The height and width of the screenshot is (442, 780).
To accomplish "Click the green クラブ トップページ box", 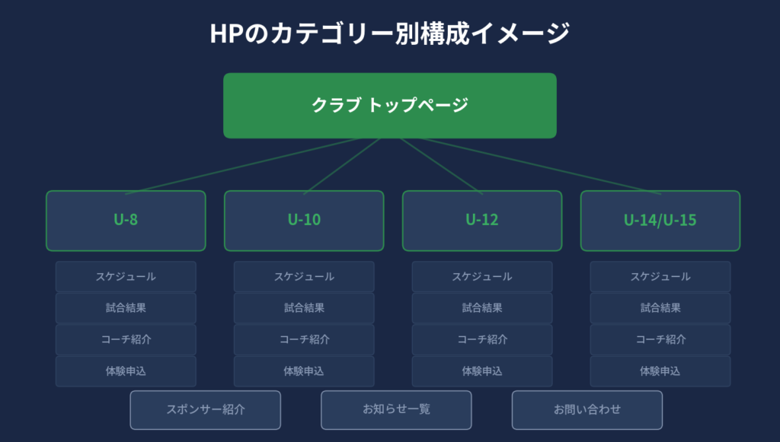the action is coord(389,105).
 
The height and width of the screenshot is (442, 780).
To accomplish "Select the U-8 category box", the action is coord(126,221).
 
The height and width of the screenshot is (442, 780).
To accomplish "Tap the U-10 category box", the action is coord(304,221).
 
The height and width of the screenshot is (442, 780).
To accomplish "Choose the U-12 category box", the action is coord(482,221).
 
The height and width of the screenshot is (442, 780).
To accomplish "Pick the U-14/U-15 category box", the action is coord(660,221).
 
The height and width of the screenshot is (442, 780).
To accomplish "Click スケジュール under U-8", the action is coord(126,277).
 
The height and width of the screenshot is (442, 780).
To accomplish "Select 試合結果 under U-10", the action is coord(304,308).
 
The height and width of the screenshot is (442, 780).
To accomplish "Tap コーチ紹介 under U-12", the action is coord(482,340).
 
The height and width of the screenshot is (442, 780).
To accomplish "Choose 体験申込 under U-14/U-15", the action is coord(660,371).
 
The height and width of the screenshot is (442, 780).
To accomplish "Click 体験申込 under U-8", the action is coord(126,371).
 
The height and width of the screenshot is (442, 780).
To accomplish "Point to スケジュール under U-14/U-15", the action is coord(660,277).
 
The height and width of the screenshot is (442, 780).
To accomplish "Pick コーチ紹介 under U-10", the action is coord(304,340).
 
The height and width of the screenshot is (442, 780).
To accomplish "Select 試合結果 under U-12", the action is coord(482,308).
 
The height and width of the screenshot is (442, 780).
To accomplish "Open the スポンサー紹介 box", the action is coord(206,410).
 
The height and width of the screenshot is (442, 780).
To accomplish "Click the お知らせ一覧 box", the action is coord(396,410).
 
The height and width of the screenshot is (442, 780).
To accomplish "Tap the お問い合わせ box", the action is coord(587,410).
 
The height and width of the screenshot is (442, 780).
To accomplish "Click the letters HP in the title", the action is coord(226,33).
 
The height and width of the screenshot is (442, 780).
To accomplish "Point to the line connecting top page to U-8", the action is coord(243,166).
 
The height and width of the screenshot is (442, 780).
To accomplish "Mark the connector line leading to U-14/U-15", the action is coord(540,166).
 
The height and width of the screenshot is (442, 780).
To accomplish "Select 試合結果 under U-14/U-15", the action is coord(660,308).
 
